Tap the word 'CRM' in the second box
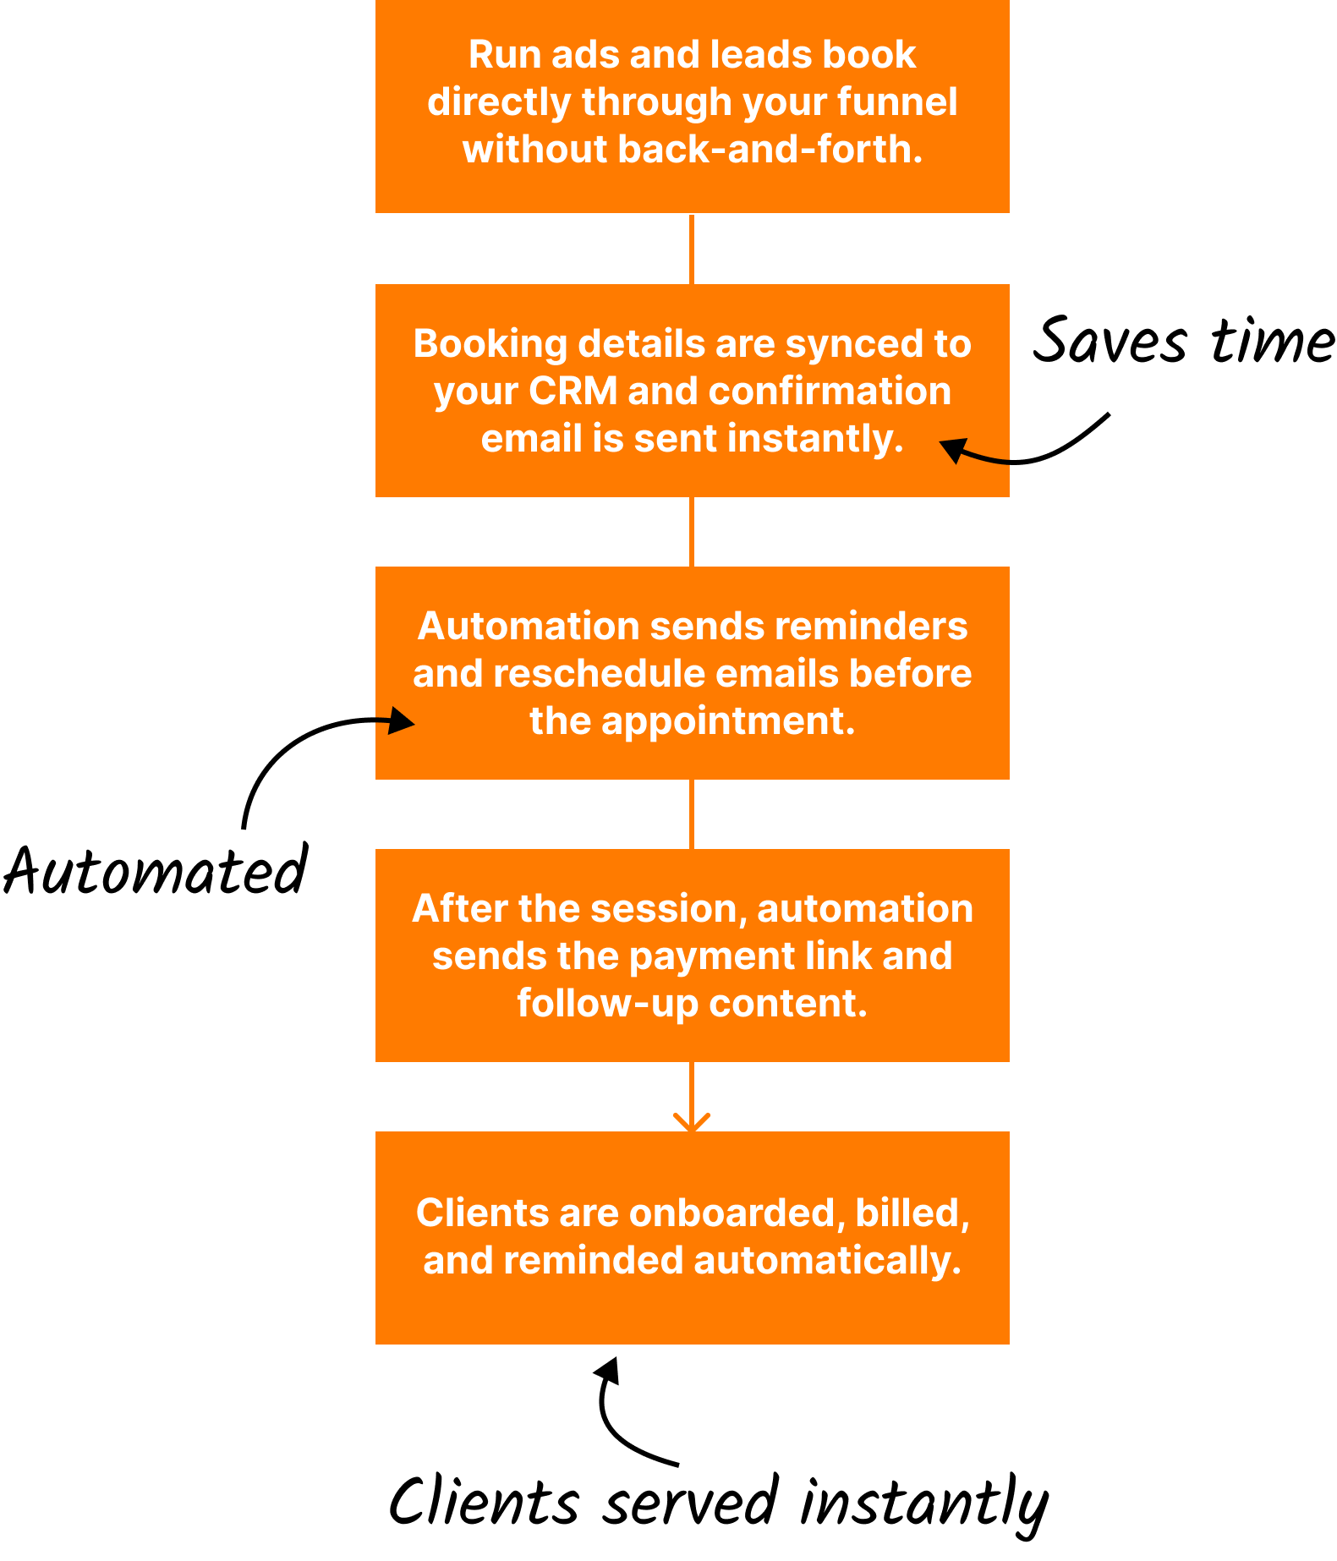tap(573, 391)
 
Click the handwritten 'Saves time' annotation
tap(1184, 341)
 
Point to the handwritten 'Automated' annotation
tap(156, 870)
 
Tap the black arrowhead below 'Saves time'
tap(953, 449)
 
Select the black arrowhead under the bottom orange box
tap(608, 1370)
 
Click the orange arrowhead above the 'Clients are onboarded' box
tap(692, 1122)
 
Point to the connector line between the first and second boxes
tap(692, 249)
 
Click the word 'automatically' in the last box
tap(827, 1261)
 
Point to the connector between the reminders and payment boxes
tap(692, 814)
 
